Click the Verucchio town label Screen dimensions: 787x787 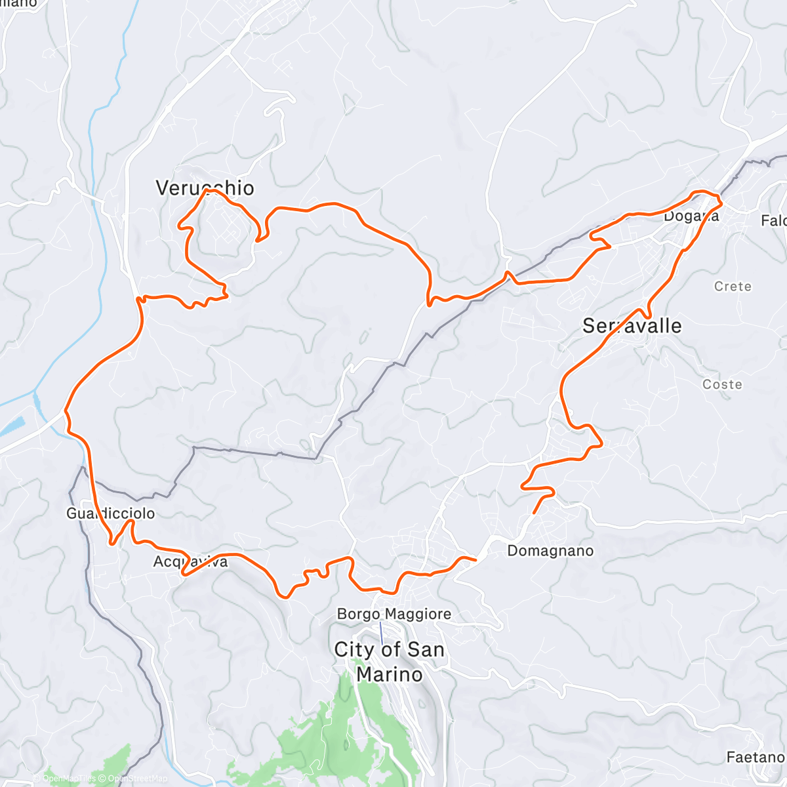[205, 188]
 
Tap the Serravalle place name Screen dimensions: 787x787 [632, 326]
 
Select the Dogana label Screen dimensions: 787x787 [691, 216]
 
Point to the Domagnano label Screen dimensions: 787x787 [550, 551]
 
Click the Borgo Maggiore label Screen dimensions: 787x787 [393, 615]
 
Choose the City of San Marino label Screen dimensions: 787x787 [389, 662]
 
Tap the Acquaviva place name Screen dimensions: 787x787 [190, 562]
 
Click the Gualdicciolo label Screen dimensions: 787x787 [110, 514]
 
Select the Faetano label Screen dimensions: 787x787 [755, 757]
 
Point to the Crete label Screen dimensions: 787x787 [733, 287]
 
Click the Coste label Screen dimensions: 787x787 [722, 384]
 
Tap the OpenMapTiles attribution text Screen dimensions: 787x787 [69, 779]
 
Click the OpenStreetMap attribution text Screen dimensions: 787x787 [138, 779]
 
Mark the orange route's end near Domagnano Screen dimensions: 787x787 [535, 512]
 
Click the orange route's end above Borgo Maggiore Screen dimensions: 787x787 [474, 559]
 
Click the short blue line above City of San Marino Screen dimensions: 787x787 [381, 632]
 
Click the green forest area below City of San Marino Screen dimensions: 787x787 [341, 721]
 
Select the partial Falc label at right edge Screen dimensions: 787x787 [774, 221]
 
